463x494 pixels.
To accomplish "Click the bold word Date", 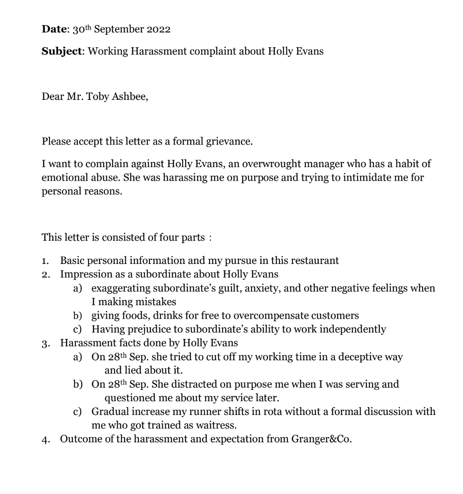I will [x=52, y=30].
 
